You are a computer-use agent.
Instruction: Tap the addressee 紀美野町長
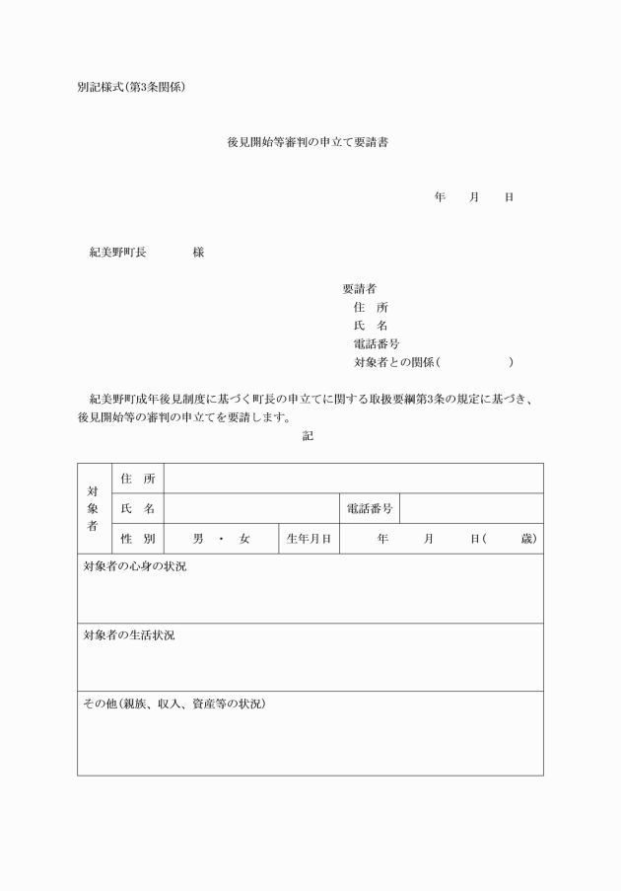[117, 253]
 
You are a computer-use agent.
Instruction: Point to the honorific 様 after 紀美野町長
[198, 253]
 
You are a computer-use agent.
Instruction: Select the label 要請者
[359, 289]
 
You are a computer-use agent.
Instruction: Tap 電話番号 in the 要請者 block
[376, 344]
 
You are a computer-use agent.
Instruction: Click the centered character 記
[308, 435]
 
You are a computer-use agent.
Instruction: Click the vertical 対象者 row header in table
[93, 508]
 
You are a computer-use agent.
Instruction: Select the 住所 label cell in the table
[138, 479]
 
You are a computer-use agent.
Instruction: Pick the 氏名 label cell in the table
[138, 509]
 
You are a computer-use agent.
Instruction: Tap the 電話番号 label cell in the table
[370, 509]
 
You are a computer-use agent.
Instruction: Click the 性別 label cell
[138, 539]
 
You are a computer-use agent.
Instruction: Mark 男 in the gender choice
[198, 539]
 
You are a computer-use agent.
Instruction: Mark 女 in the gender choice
[244, 539]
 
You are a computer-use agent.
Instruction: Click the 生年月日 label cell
[309, 539]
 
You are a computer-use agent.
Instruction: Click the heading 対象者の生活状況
[129, 635]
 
